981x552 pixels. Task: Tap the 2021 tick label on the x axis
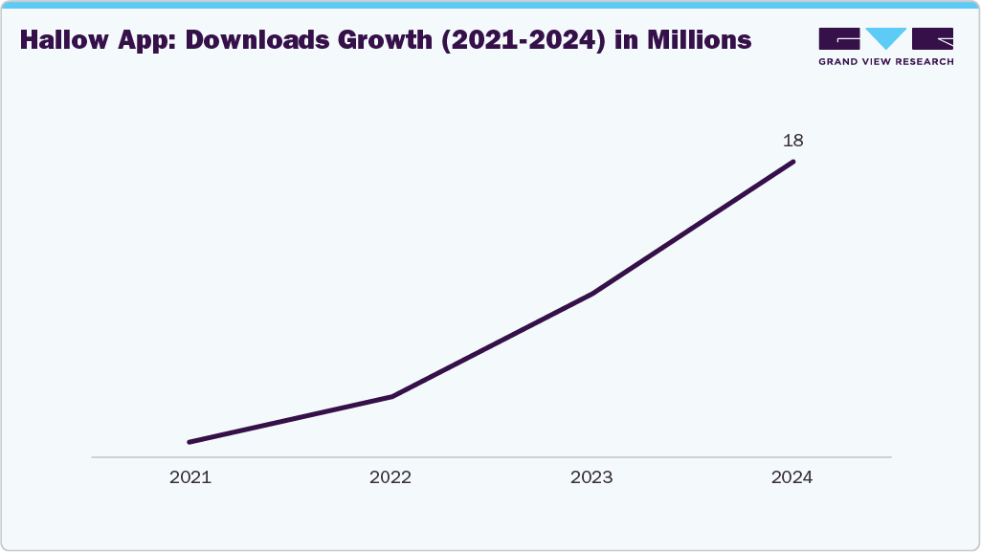tap(190, 477)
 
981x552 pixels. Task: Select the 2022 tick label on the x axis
tap(390, 477)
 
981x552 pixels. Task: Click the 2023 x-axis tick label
tap(591, 477)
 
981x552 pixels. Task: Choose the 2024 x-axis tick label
tap(791, 477)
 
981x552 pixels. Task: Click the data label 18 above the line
tap(792, 141)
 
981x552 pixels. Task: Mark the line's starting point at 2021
tap(190, 442)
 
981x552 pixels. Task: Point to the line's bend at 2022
tap(391, 396)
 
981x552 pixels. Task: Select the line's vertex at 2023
tap(592, 294)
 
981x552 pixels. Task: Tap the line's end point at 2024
tap(792, 162)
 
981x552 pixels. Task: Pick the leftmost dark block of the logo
tap(839, 39)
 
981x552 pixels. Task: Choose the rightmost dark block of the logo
tap(933, 39)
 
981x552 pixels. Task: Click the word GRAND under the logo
tap(839, 61)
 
